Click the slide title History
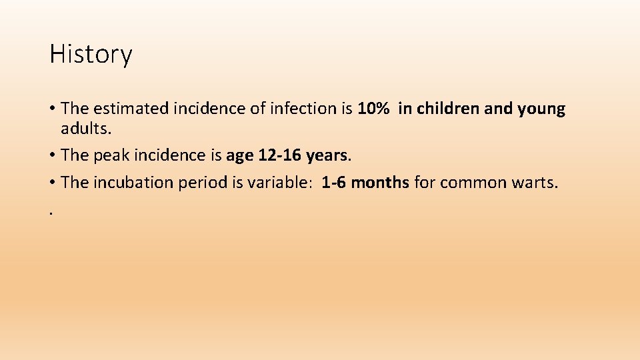(91, 54)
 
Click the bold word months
(380, 183)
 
